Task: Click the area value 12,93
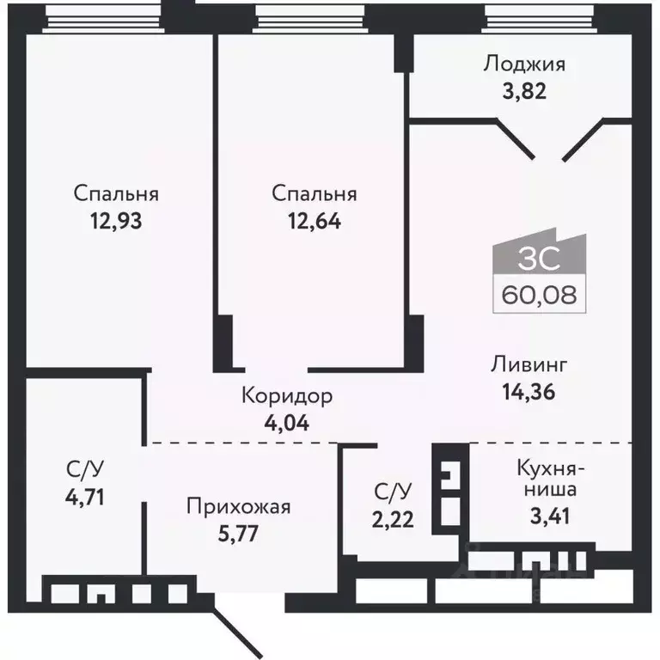tap(115, 221)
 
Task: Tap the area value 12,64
tap(314, 221)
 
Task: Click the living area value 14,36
tap(529, 392)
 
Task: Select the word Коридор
tap(287, 397)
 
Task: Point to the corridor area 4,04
tap(287, 422)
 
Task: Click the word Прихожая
tap(239, 506)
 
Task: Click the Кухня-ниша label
tap(550, 480)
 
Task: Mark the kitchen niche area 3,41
tap(550, 517)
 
